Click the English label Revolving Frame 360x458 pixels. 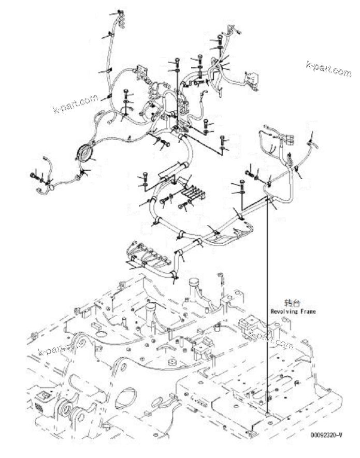tap(293, 312)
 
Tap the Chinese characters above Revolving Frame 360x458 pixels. tap(292, 303)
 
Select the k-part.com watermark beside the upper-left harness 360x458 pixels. tap(75, 104)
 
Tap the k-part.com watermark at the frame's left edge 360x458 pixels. tap(61, 347)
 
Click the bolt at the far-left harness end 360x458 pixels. tap(34, 176)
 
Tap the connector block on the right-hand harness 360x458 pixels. tap(287, 139)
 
